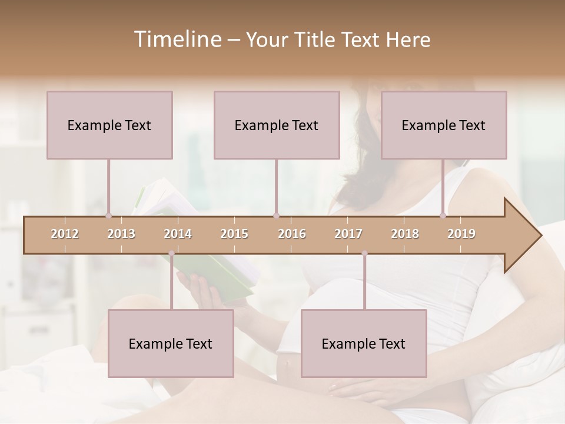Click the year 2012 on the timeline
point(65,234)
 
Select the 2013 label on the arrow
point(121,234)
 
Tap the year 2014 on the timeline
point(178,234)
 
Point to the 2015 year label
point(234,234)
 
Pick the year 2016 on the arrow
point(292,234)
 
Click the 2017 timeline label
point(348,234)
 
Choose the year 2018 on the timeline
point(405,234)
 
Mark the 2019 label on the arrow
point(461,234)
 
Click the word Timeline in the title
point(177,39)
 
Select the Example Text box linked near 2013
point(109,125)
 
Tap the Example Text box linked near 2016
point(277,125)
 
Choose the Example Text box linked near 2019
point(444,125)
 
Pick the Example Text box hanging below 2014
point(171,343)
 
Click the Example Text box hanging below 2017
point(364,343)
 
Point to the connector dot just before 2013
point(108,216)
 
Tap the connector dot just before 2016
point(277,216)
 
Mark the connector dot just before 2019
point(443,216)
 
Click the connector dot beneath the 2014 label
point(171,254)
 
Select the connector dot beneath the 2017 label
point(364,254)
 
